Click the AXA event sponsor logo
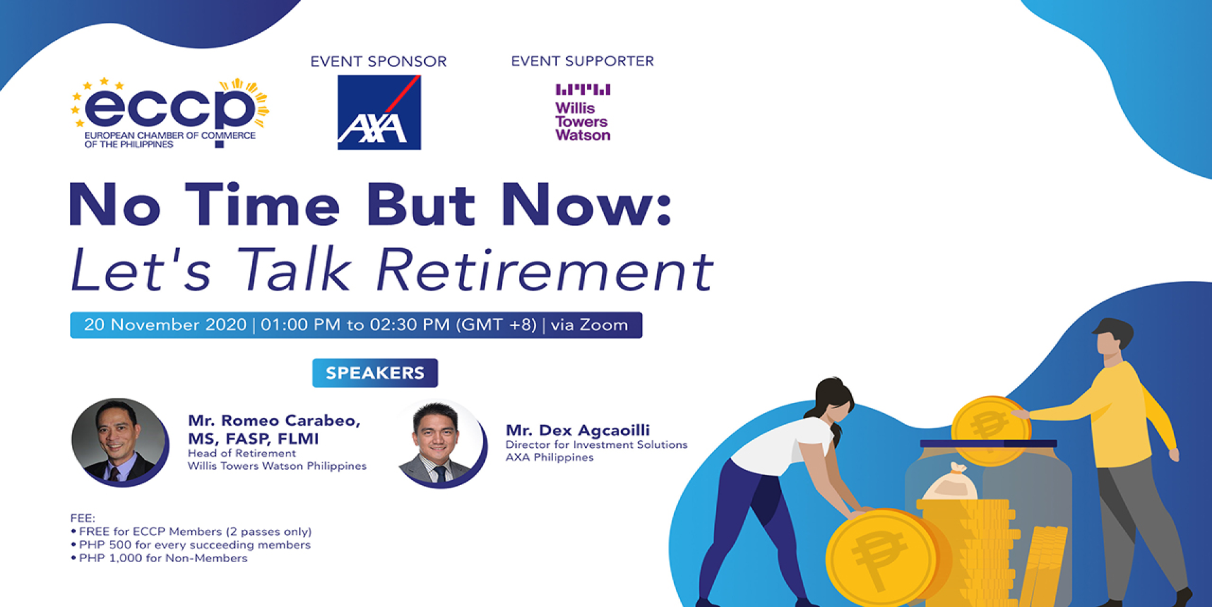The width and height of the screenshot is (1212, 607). [379, 112]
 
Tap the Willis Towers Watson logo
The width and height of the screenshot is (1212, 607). [583, 112]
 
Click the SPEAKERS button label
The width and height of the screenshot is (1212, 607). [375, 373]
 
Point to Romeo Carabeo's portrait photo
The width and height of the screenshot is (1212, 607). [119, 442]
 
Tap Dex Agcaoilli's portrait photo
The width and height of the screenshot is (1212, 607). [442, 443]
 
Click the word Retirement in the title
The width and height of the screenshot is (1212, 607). [545, 270]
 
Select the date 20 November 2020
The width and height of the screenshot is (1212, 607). [165, 325]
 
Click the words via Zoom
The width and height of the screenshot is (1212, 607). [590, 325]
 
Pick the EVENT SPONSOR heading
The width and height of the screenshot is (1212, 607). [379, 61]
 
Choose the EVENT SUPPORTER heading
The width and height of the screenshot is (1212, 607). [583, 61]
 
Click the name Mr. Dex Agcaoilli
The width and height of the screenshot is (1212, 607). [578, 430]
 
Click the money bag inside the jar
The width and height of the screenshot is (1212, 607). [950, 481]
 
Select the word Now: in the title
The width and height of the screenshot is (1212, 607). [586, 205]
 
